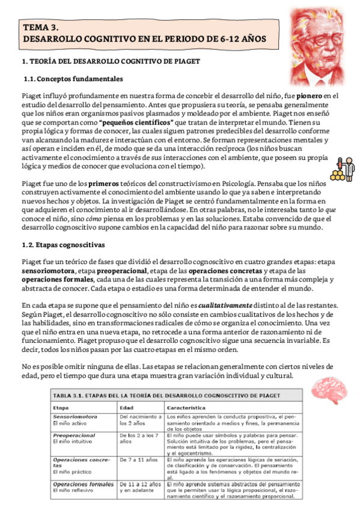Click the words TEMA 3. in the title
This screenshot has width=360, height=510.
coord(41,28)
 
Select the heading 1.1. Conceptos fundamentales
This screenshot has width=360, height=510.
coord(73,79)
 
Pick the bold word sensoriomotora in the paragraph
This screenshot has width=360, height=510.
coord(49,271)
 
